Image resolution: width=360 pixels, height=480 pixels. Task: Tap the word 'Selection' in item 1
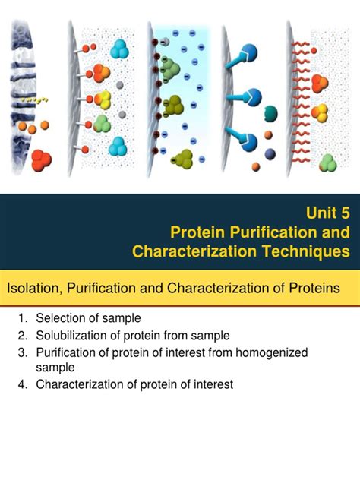point(61,318)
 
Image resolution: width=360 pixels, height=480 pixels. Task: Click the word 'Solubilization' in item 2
point(74,335)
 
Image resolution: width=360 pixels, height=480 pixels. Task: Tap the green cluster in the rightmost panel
point(327,162)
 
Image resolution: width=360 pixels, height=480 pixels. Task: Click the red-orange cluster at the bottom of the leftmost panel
point(43,159)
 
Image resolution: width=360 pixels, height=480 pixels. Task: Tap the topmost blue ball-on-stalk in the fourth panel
point(250,53)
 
